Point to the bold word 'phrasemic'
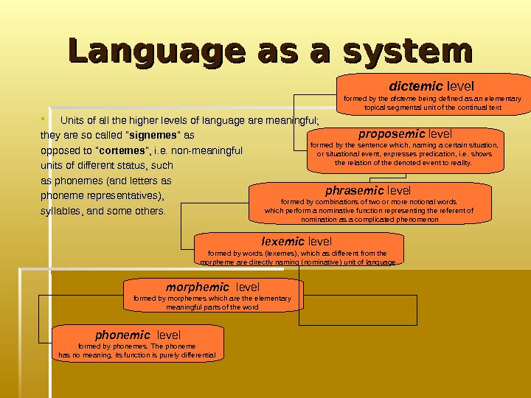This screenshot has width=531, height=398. pyautogui.click(x=355, y=191)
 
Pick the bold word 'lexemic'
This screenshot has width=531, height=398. pyautogui.click(x=283, y=241)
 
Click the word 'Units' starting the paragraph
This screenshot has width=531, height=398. pyautogui.click(x=72, y=121)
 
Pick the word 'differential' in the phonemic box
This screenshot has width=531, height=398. pyautogui.click(x=198, y=355)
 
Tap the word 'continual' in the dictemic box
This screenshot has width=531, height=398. pyautogui.click(x=471, y=107)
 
